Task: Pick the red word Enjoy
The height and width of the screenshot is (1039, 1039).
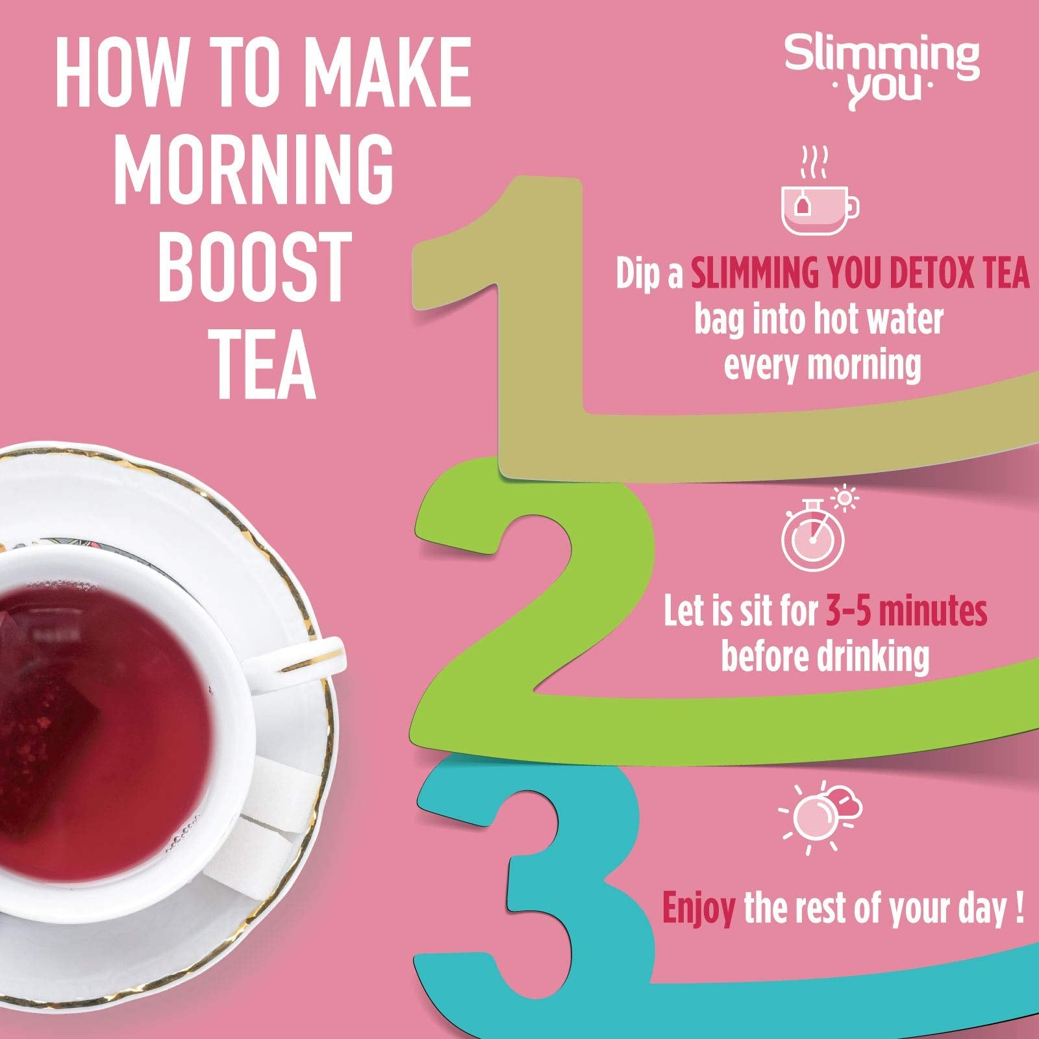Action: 698,910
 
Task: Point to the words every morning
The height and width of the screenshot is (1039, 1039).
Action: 822,366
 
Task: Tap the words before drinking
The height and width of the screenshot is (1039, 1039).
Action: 825,657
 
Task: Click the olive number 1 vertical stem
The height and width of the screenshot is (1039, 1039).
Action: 542,325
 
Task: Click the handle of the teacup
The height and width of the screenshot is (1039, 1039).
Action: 305,656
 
